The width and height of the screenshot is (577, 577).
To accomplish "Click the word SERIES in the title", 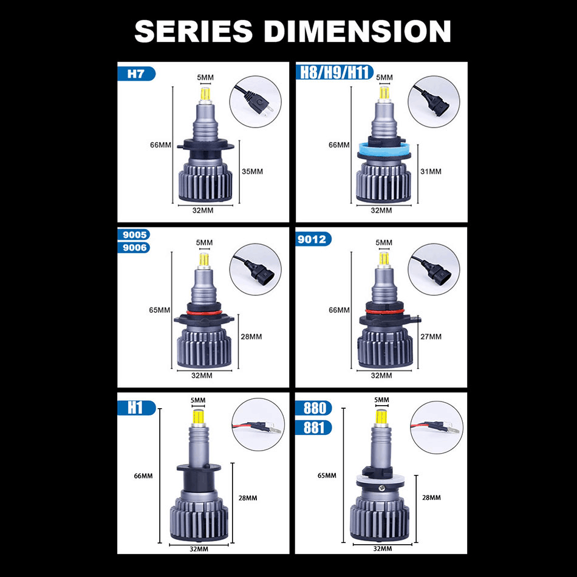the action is click(194, 31).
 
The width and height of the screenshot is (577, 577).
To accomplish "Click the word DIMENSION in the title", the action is click(357, 31).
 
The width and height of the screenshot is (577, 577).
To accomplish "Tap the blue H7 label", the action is click(136, 73).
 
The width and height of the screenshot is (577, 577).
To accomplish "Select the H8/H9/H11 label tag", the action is click(335, 72).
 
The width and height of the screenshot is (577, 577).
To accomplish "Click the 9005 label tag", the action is click(134, 234).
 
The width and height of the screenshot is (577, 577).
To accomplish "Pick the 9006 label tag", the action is click(134, 247).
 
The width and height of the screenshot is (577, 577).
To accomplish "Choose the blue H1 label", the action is click(137, 408).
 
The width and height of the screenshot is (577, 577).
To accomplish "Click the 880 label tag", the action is click(313, 408).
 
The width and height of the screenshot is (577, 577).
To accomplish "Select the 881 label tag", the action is click(313, 428).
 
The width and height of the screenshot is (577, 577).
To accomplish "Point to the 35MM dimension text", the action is click(252, 171).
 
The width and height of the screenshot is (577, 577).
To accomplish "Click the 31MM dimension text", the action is click(431, 171).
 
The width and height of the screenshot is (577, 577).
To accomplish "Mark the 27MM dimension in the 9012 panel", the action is click(431, 336).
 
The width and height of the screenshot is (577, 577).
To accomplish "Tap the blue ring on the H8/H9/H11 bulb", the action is click(384, 149).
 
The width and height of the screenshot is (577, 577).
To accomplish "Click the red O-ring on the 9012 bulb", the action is click(384, 312).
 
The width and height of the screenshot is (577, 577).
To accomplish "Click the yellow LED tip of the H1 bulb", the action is click(199, 416).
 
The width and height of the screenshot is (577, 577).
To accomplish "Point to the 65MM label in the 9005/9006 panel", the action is click(159, 310).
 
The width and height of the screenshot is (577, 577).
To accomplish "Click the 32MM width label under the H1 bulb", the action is click(199, 549).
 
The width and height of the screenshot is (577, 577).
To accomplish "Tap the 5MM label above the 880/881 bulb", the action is click(381, 400).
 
